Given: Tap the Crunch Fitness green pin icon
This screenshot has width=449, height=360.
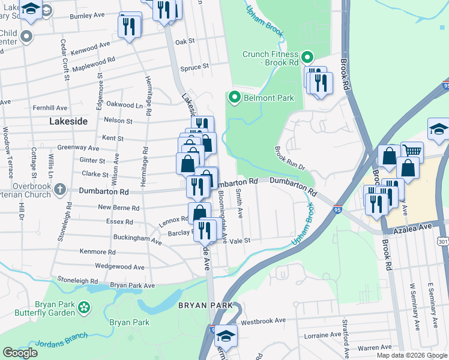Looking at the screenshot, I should [307, 58].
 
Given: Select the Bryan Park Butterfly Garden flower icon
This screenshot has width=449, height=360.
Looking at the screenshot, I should [85, 308].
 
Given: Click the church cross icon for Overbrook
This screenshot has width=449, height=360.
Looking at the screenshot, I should [59, 190].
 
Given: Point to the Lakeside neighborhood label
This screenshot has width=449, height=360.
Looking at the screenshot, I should [68, 121].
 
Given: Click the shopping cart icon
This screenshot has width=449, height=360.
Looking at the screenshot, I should [411, 153].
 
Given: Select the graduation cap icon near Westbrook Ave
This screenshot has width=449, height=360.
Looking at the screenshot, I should [226, 335].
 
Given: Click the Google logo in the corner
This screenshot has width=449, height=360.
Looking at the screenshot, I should [20, 353].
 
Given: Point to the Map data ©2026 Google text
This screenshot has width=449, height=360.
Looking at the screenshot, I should [411, 355].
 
